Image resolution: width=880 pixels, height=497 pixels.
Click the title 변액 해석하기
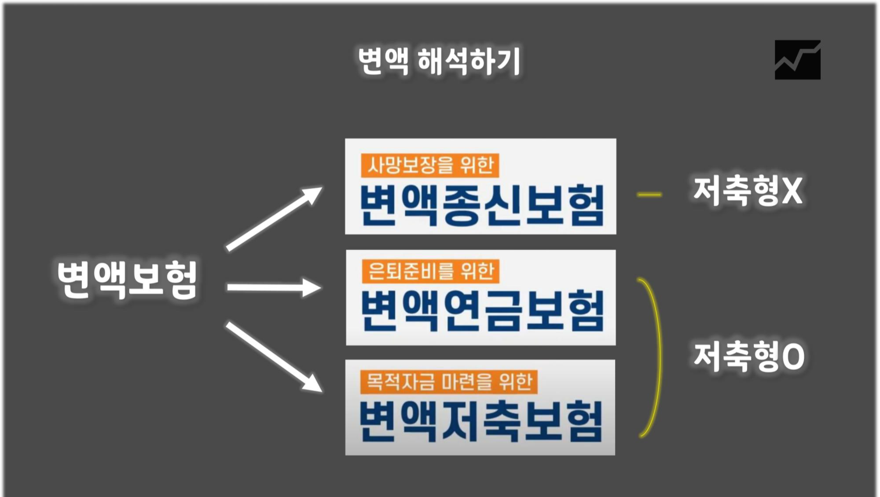tap(439, 61)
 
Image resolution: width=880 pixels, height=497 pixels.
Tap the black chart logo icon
tap(797, 60)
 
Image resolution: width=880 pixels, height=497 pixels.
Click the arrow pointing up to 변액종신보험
tap(274, 219)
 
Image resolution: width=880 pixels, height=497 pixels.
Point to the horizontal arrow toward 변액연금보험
tap(274, 288)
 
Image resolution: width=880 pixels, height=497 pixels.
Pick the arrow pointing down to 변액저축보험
tap(274, 357)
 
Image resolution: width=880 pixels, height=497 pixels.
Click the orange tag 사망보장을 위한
tap(430, 166)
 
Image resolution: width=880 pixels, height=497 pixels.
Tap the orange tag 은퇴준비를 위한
tap(430, 271)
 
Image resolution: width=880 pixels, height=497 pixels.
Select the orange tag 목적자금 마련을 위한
tap(449, 381)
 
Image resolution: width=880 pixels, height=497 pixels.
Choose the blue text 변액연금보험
tap(481, 311)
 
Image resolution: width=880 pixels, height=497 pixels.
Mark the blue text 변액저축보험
tap(480, 421)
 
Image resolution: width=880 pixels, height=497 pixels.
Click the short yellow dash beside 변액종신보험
tap(649, 194)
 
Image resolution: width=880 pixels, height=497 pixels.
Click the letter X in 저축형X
tap(792, 191)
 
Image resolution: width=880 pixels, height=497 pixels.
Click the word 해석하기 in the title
tap(469, 61)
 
